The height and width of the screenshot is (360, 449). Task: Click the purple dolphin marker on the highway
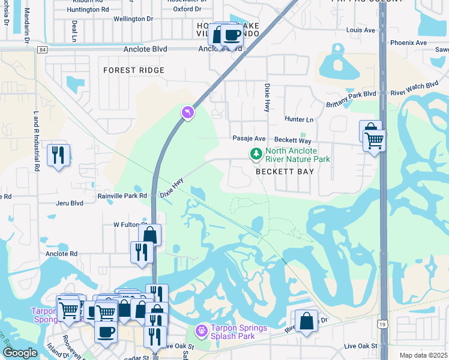(188, 112)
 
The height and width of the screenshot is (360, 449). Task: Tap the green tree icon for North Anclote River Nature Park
(256, 154)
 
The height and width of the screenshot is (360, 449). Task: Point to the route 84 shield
(41, 50)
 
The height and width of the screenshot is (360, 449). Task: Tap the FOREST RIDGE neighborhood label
(133, 70)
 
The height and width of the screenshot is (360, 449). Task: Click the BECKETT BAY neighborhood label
(285, 171)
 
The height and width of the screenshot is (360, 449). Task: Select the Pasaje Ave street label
(249, 138)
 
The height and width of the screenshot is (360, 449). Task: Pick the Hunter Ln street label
(300, 119)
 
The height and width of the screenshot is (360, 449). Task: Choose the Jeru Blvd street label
(69, 203)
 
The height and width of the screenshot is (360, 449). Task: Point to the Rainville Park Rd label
(122, 196)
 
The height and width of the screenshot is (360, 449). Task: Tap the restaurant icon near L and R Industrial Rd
(58, 155)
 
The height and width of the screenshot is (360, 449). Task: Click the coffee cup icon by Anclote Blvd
(232, 35)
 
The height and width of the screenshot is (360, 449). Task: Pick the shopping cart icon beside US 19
(375, 141)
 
